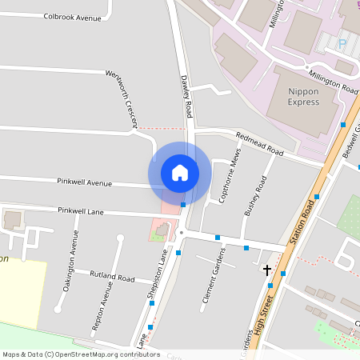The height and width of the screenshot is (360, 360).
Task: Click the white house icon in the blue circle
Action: [x=179, y=172]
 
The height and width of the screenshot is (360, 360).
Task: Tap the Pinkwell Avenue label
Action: [x=84, y=183]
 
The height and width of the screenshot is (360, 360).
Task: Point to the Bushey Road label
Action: [x=254, y=197]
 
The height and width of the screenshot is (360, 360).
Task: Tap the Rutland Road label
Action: [x=112, y=277]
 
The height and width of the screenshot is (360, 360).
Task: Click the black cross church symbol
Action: [x=267, y=270]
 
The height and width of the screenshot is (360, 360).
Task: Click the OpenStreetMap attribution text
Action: [x=81, y=354]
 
